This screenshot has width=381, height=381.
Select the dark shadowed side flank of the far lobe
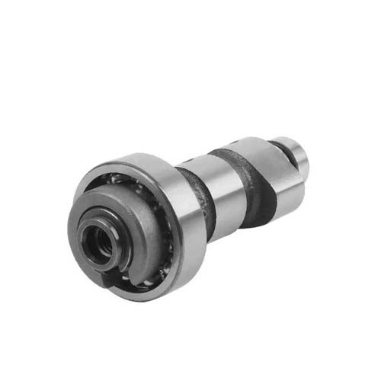tap(263, 202)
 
